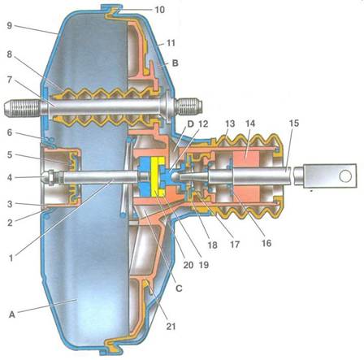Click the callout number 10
tap(160, 10)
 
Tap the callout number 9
tap(10, 26)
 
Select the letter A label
tap(12, 314)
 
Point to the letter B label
tap(175, 63)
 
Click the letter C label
tap(179, 288)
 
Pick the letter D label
tap(191, 124)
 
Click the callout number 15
tap(294, 124)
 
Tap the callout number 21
tap(171, 326)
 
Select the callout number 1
tap(11, 258)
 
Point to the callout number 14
tap(250, 124)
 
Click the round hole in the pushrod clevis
tap(345, 176)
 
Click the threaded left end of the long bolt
tap(23, 109)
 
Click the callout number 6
tap(10, 132)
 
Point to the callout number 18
tap(213, 245)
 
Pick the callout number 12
tap(203, 124)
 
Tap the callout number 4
tap(10, 177)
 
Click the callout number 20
tap(188, 265)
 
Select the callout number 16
tap(266, 243)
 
